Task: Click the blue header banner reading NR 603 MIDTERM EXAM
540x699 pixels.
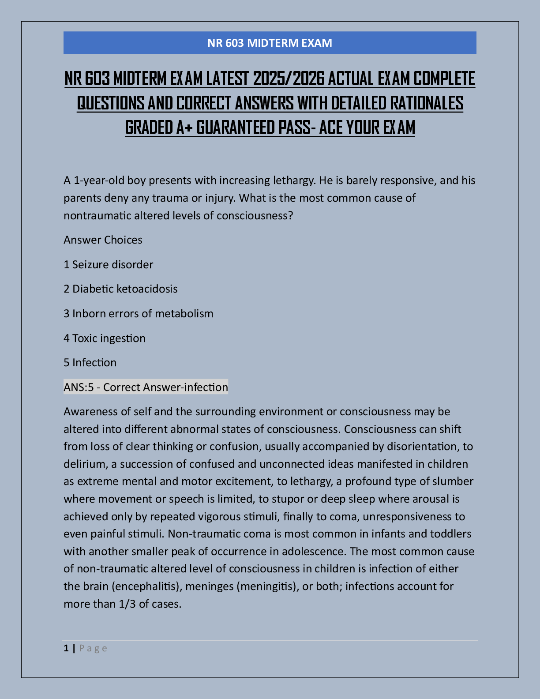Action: (x=270, y=43)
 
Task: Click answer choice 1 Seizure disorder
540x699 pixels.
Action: (x=109, y=264)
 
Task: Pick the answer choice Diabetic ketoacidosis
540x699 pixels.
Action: (x=120, y=289)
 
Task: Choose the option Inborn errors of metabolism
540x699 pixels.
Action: (x=139, y=313)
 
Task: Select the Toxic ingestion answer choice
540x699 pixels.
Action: (x=105, y=338)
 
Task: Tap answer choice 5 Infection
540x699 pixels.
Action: (x=90, y=362)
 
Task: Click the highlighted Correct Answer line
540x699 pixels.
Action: (x=146, y=387)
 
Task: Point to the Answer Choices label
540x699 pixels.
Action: (x=103, y=240)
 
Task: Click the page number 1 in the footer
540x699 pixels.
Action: (x=66, y=648)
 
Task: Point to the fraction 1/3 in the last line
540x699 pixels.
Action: (x=127, y=604)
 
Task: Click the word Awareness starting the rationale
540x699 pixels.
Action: (x=90, y=411)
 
